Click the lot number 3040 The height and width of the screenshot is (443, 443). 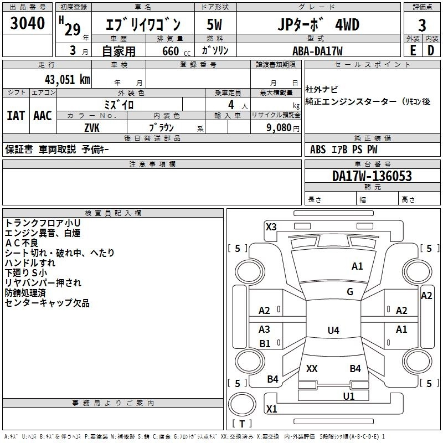(27, 23)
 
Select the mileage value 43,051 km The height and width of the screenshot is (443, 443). (67, 80)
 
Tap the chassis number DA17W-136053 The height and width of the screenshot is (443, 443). (372, 176)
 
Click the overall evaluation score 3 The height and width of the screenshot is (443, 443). (422, 25)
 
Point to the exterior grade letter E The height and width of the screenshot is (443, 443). (413, 50)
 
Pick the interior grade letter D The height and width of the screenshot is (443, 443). (431, 50)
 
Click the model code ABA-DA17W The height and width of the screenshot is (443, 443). (317, 51)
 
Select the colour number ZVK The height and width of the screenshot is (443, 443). (92, 128)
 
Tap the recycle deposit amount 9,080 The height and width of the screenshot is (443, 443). (279, 127)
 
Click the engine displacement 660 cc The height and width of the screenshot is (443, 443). (176, 51)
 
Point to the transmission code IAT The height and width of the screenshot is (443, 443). (16, 116)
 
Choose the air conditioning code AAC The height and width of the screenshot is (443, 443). (43, 116)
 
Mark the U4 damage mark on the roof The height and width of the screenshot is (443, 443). (333, 330)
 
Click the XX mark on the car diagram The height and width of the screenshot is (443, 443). (312, 368)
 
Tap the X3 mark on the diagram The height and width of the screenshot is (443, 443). (271, 226)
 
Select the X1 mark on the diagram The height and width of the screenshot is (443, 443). (271, 409)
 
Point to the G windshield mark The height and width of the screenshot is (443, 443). (350, 291)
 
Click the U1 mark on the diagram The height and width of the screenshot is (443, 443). (349, 396)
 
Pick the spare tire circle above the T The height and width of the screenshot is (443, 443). (242, 404)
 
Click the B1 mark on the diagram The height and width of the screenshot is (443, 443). (265, 343)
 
